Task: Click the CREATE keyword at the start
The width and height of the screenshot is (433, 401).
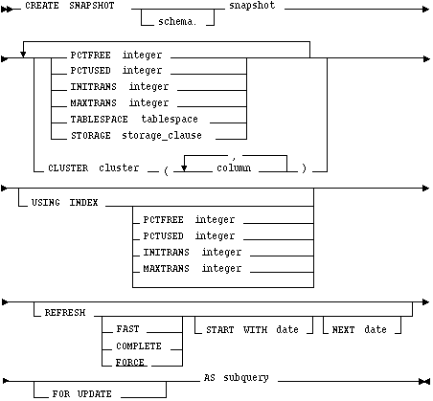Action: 42,6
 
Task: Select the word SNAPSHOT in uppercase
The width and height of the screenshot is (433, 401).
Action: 92,6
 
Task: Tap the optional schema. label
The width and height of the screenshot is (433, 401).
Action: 177,21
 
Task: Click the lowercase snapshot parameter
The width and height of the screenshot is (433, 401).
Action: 252,6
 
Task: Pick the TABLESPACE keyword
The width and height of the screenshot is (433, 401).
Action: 99,120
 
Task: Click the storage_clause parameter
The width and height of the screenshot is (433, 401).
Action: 162,135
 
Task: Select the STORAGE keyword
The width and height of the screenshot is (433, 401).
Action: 91,136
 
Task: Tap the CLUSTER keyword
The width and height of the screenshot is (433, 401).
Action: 68,168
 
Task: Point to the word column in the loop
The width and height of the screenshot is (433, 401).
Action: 234,167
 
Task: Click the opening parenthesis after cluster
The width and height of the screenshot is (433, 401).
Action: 166,170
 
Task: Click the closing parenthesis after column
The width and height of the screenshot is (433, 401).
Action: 304,168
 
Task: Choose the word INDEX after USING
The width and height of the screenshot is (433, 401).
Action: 83,203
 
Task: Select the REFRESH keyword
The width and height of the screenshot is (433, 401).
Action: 65,313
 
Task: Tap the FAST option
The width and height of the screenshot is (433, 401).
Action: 127,328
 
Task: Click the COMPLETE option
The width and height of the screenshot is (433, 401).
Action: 139,345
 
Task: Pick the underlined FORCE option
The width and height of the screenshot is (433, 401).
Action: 130,363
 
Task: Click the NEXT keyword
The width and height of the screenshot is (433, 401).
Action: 343,329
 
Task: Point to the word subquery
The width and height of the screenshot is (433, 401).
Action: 246,378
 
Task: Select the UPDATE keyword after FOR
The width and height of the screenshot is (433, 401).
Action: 95,394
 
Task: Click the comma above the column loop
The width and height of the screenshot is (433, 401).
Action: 234,158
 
